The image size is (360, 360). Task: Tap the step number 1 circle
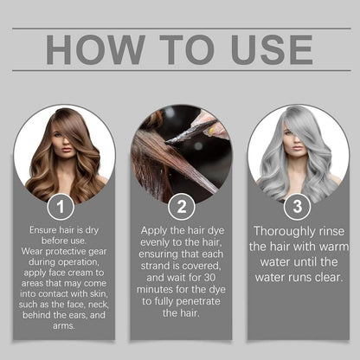(x=60, y=207)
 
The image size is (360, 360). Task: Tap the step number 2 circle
(x=180, y=207)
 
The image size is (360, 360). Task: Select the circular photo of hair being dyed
(x=180, y=151)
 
